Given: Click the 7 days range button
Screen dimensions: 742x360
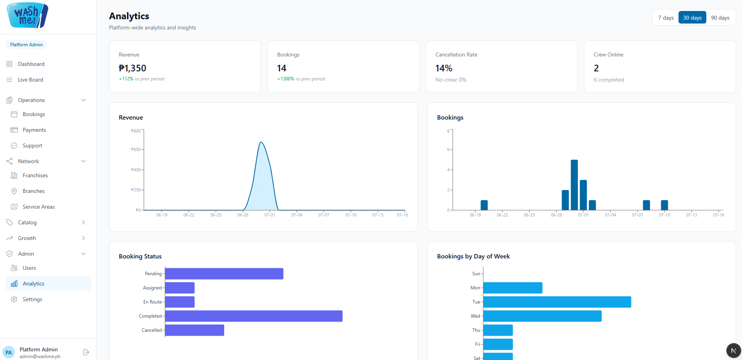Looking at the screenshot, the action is tap(666, 18).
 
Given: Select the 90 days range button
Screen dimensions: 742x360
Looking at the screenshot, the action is tap(720, 18).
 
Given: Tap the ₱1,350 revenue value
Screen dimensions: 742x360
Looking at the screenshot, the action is tap(132, 68).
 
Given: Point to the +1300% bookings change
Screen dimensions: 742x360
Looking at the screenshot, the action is tap(286, 79).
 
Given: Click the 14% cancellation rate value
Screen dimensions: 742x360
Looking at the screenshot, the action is tap(444, 68).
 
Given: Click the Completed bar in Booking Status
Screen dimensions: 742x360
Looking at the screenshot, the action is tap(254, 316).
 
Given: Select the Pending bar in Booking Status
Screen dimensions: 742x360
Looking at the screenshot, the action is tap(224, 274).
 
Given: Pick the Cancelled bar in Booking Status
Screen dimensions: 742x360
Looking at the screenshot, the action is tap(194, 330).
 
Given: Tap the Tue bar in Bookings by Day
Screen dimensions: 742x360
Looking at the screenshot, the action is tap(557, 302).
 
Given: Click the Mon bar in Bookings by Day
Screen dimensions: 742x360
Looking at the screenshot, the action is tap(513, 288).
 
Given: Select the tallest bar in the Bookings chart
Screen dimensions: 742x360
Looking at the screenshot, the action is tap(574, 185).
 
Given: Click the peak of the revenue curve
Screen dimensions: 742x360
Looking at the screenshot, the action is tap(261, 142).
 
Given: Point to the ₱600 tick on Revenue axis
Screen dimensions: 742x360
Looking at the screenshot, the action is tap(136, 149).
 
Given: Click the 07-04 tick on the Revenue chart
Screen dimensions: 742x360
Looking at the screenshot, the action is tap(297, 215).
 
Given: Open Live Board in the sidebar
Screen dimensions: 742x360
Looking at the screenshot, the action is tap(31, 80).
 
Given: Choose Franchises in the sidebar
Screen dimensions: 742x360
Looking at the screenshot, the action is tap(35, 175).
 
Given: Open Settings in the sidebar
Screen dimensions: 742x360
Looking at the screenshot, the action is tap(33, 299).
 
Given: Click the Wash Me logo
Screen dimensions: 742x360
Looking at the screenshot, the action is tap(27, 16).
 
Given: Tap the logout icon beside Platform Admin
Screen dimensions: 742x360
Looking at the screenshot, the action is tap(86, 352).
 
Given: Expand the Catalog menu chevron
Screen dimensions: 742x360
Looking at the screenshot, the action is tap(83, 222).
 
